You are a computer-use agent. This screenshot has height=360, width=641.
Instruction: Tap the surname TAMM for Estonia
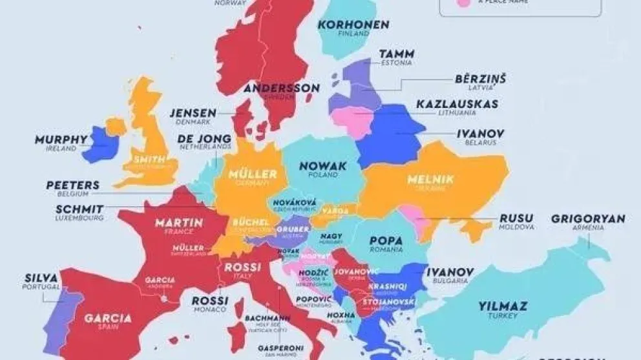[x=397, y=54]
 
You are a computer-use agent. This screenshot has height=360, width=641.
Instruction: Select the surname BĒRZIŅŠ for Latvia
[x=480, y=79]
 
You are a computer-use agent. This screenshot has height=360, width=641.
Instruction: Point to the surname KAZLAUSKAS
[x=457, y=103]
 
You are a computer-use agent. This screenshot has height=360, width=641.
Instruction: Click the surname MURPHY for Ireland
[x=61, y=139]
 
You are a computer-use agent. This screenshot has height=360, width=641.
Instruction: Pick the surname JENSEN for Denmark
[x=193, y=112]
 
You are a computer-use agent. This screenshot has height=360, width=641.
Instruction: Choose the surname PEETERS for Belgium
[x=72, y=185]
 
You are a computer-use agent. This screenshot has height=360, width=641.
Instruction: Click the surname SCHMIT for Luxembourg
[x=79, y=209]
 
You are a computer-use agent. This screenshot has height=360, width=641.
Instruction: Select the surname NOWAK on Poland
[x=323, y=166]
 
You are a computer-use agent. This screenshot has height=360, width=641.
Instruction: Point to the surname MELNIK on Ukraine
[x=430, y=179]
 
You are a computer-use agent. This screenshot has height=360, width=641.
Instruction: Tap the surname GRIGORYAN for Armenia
[x=588, y=218]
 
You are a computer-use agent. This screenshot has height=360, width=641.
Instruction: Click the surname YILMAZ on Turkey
[x=503, y=306]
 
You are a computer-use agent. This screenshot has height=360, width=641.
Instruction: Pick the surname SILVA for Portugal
[x=39, y=277]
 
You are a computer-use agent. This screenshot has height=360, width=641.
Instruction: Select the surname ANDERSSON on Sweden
[x=282, y=89]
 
